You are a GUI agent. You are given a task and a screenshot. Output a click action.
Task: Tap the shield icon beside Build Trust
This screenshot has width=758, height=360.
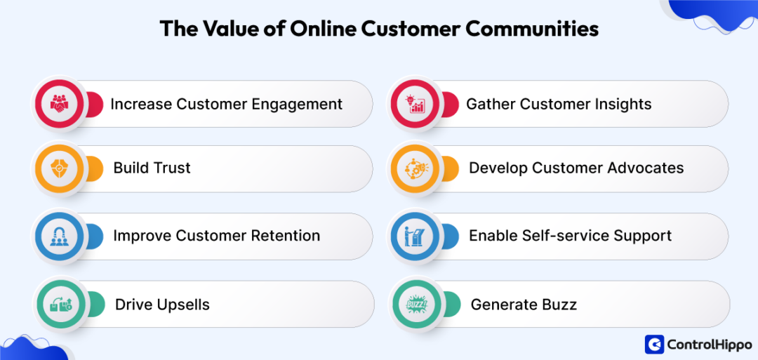[59, 168]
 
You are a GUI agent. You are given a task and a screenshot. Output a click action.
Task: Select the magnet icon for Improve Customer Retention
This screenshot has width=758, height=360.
[59, 236]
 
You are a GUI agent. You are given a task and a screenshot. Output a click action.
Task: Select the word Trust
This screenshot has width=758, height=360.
[172, 168]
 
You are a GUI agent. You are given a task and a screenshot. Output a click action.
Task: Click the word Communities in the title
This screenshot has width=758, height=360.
[533, 29]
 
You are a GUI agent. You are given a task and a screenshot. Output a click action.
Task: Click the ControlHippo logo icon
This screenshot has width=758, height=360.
[654, 344]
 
